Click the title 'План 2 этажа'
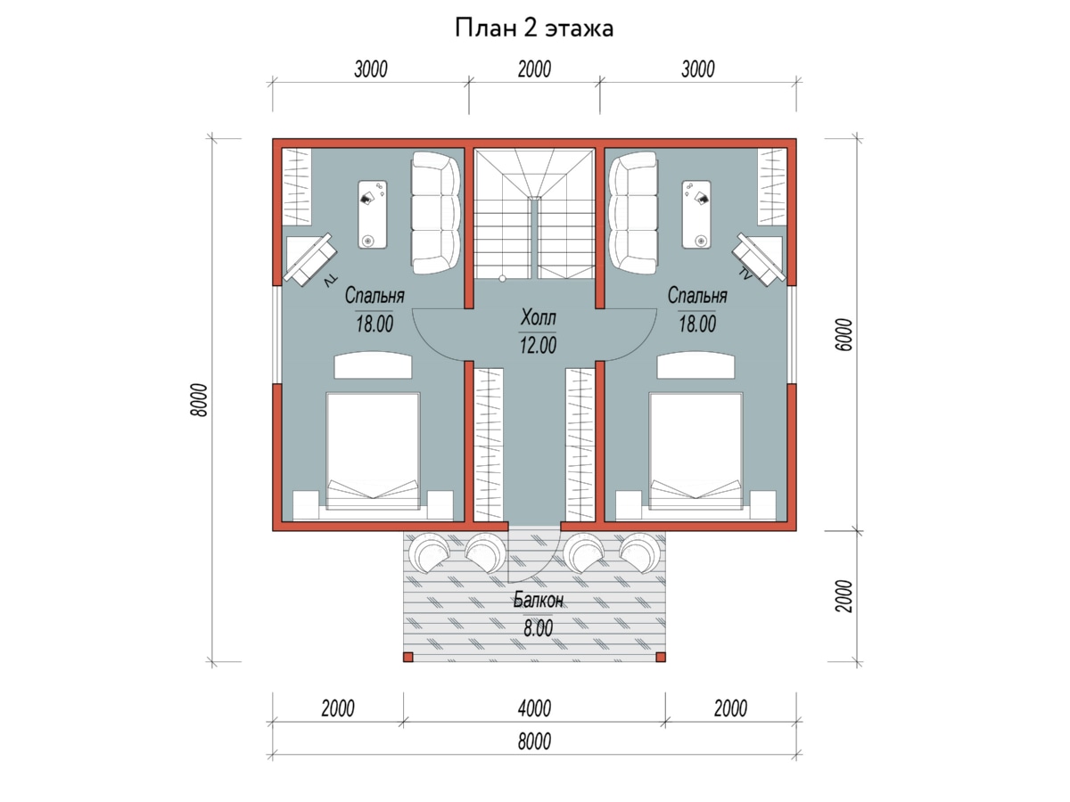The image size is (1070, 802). tap(534, 29)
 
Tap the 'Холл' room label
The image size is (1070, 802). tap(539, 317)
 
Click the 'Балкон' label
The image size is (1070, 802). tap(539, 601)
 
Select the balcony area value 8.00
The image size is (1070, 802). tap(539, 628)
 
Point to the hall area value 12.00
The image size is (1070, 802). tap(538, 345)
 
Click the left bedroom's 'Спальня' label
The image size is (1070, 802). tap(374, 295)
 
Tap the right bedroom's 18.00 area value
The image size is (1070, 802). tap(697, 323)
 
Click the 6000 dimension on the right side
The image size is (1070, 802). tap(844, 334)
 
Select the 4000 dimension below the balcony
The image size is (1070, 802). tap(534, 708)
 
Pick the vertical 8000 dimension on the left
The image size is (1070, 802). tap(200, 400)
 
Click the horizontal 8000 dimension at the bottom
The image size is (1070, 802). tap(534, 741)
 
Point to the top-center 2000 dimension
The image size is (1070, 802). tap(534, 70)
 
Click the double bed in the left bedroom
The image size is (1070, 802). tap(373, 452)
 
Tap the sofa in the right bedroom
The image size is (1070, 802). tap(633, 213)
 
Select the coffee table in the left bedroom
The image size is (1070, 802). tap(373, 214)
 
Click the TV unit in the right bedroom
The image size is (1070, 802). tap(760, 258)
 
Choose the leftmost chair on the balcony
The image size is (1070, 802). tap(429, 553)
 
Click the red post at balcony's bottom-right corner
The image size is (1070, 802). tap(661, 658)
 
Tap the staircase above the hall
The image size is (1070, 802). tap(534, 213)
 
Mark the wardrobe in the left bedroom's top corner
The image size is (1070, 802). tap(297, 187)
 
